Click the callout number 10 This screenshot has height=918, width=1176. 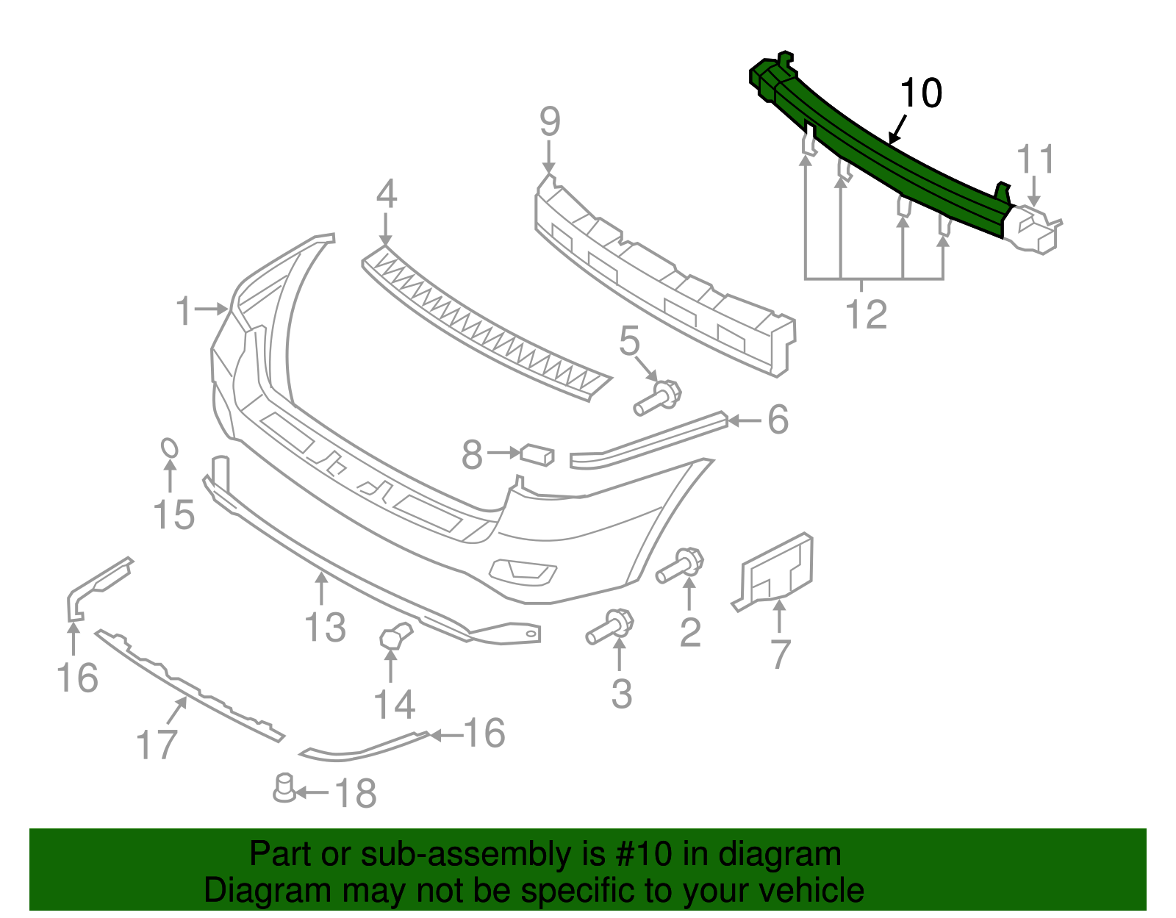[920, 94]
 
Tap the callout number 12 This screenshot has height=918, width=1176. [867, 315]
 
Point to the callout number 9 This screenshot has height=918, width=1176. [550, 122]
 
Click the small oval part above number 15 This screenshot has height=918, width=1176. [169, 448]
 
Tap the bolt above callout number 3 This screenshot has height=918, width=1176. [610, 627]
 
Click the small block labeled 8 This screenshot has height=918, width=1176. [537, 454]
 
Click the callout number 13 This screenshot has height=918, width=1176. [325, 627]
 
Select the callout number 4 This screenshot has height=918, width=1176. [387, 194]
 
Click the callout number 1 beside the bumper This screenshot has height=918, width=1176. [184, 311]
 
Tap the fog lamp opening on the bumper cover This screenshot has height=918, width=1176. [523, 571]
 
